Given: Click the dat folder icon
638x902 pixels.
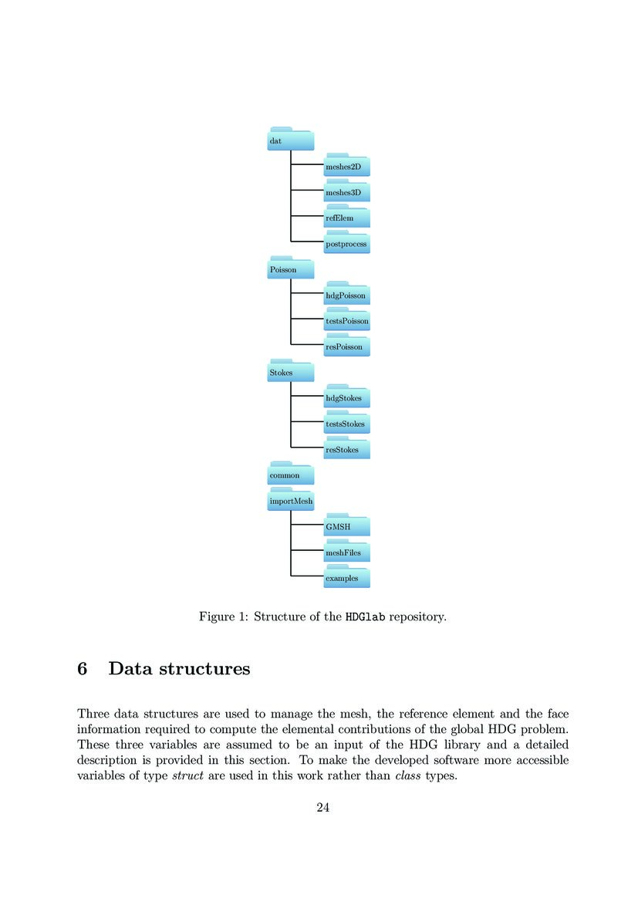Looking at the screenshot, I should tap(291, 140).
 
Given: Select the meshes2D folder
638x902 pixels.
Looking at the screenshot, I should tap(347, 165).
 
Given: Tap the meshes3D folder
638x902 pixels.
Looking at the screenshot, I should tap(347, 191).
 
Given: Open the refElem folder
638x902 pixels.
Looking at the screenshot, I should tap(347, 218).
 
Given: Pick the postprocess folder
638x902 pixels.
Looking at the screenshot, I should tap(347, 243).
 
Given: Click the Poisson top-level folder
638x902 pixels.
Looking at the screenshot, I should tap(291, 269).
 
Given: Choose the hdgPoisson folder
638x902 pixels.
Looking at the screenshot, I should tap(347, 295).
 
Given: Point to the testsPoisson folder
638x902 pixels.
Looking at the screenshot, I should tap(347, 320).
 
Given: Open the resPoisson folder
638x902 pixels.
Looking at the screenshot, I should tap(347, 346).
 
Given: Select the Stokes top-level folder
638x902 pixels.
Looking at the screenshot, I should tap(291, 372).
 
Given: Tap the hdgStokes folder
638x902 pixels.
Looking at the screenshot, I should tap(347, 397).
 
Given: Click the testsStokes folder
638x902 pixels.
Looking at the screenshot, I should tap(347, 424).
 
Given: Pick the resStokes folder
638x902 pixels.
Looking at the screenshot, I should tap(347, 449).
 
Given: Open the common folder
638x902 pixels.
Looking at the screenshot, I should tap(291, 475).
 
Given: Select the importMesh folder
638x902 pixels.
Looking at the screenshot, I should tap(291, 501).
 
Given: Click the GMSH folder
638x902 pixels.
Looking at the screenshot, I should tap(347, 526).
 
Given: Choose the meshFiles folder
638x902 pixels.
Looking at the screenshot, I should tap(347, 552).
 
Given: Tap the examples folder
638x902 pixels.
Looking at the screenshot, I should tap(347, 578).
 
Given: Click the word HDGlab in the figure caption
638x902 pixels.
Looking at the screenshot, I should tap(366, 617).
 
